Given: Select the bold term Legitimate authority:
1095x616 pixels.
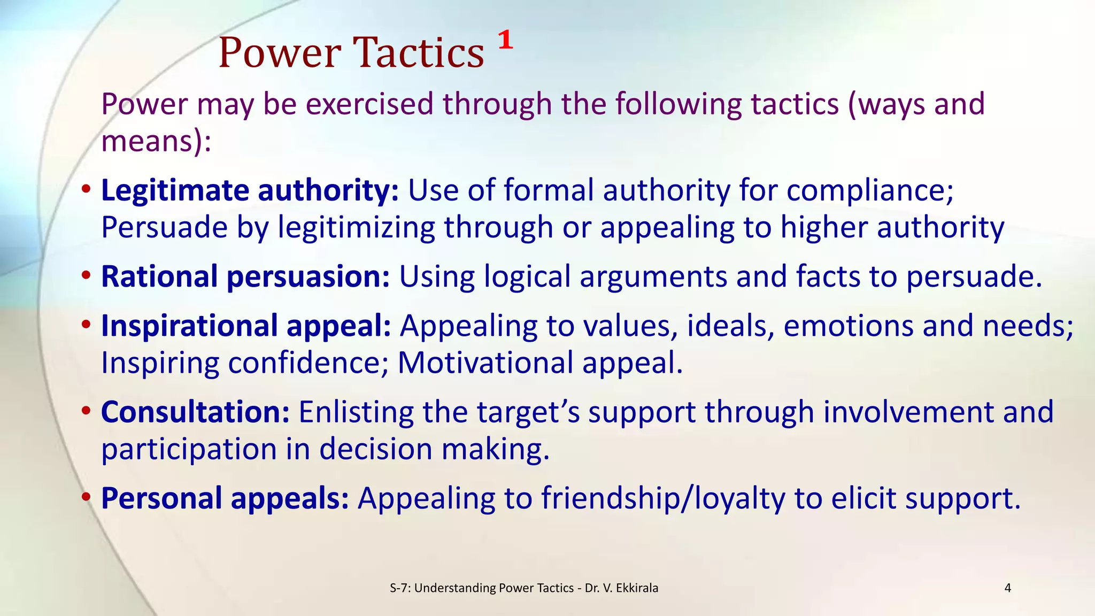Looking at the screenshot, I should coord(250,190).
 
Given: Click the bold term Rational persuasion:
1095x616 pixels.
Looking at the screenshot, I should coord(245,277).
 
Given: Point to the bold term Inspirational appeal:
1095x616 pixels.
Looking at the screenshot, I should coord(246,326).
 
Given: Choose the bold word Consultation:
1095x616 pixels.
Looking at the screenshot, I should coord(195,412).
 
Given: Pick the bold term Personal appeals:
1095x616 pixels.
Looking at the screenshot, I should coord(225,498).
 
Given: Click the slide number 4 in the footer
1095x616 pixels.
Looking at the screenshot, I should coord(1008,588).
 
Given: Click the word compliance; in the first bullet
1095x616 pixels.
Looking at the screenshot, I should coord(870,191).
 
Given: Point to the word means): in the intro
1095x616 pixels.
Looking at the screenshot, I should coord(156,142).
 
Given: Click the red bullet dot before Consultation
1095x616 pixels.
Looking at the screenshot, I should coord(86,412).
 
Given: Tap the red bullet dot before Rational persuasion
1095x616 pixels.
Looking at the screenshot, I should coord(86,277).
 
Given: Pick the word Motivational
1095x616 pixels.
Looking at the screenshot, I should coord(485,363).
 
